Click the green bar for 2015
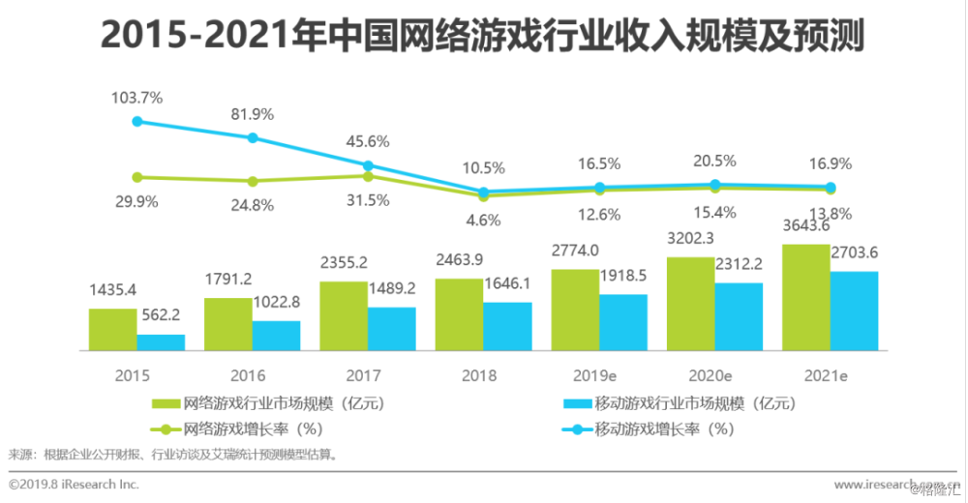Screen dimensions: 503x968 coord(113,329)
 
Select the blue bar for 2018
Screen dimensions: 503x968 coord(507,326)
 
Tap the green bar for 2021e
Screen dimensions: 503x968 coord(807,297)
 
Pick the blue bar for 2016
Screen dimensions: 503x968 coord(276,335)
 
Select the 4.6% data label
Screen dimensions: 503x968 coord(484,220)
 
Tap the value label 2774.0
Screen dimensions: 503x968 coord(575,251)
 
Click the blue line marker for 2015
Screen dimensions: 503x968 coord(137,121)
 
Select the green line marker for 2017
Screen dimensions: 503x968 coord(368,175)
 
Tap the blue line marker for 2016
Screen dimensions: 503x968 coord(253,137)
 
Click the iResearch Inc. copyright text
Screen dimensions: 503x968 coord(74,484)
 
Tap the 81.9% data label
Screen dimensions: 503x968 coord(253,114)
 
